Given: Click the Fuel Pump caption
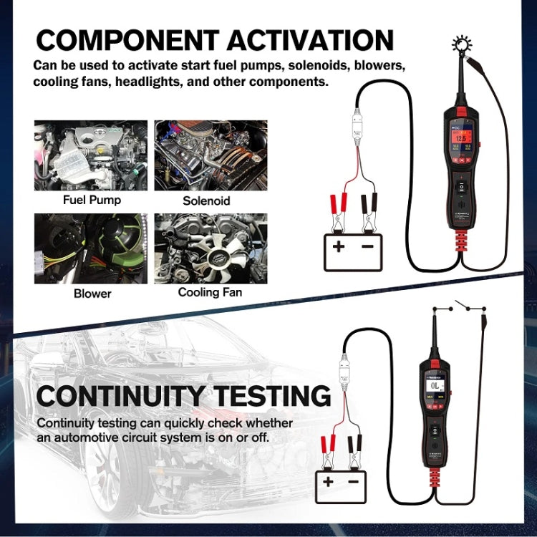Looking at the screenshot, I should coord(91,200).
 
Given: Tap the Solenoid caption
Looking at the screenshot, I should coord(206,200).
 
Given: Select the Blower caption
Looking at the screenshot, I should coord(92,294).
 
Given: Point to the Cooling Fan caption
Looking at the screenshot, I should coord(210,292).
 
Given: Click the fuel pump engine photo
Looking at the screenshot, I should coord(91,155).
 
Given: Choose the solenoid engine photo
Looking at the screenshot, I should coord(211,155).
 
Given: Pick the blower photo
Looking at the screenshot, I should coord(91,248).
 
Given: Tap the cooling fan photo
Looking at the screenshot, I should coord(211,248).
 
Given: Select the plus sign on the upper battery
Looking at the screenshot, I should coord(337,248).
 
